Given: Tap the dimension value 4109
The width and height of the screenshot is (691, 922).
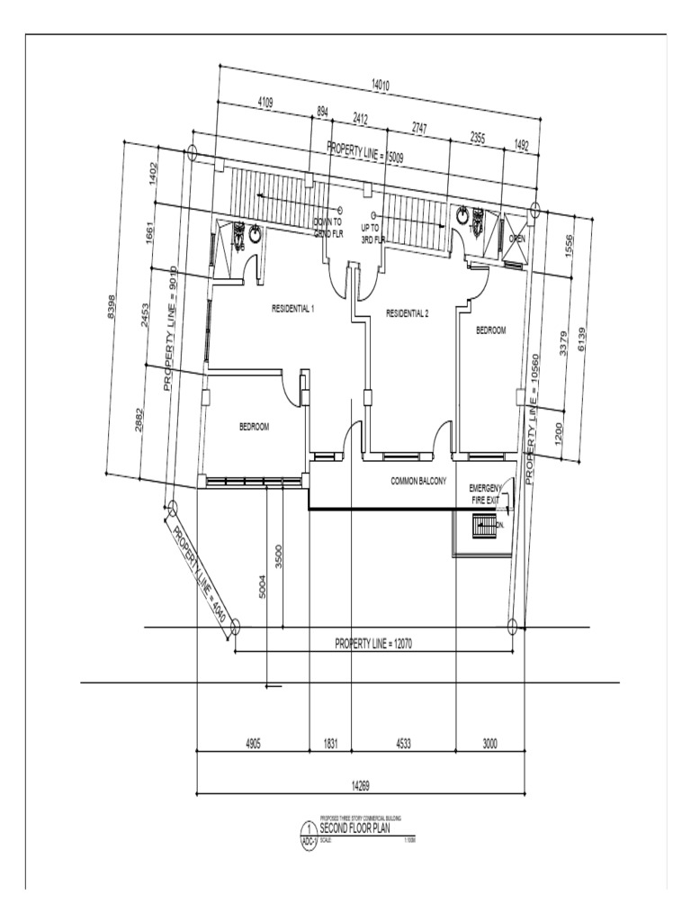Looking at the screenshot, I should tap(266, 103).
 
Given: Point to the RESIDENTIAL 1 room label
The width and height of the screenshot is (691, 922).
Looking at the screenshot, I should tap(293, 309).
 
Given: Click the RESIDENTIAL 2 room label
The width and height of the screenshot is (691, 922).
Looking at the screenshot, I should tap(408, 313).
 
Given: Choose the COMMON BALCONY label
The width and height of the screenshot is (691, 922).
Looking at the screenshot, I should tap(418, 482).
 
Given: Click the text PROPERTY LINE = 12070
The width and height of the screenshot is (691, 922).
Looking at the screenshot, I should tap(373, 643).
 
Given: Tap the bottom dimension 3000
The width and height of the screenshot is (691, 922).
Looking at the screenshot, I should tap(489, 744).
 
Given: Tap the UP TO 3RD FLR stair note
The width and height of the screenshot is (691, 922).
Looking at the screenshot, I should tap(373, 233).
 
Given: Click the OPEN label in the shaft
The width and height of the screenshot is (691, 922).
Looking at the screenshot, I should tap(517, 239).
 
